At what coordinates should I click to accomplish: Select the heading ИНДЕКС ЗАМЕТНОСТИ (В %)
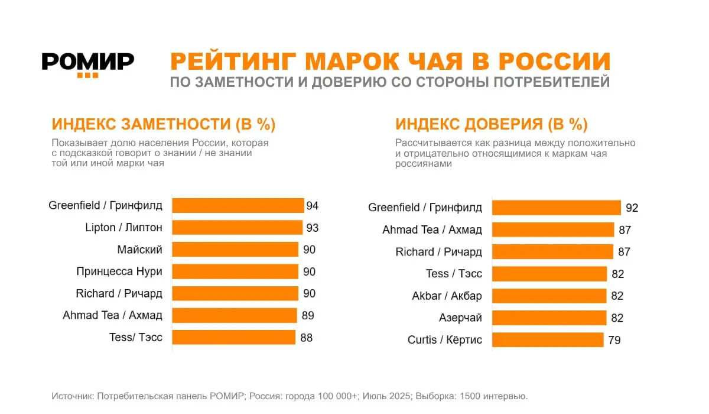164,124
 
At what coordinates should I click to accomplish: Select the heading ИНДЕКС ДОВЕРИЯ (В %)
491,124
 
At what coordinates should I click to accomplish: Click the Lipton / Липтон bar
237,227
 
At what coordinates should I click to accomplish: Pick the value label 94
313,206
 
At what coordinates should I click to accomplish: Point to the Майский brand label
139,250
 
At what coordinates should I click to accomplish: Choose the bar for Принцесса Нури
235,271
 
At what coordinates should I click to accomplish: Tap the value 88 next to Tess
305,338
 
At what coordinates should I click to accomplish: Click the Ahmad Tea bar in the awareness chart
234,315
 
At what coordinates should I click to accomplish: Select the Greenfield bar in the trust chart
556,208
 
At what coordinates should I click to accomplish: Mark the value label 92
632,208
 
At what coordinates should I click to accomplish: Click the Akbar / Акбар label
447,296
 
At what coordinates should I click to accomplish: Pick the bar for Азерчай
549,318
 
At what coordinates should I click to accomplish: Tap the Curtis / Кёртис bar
548,339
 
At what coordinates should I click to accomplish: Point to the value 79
614,340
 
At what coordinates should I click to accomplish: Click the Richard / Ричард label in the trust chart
438,252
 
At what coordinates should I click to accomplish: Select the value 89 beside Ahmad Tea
307,316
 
